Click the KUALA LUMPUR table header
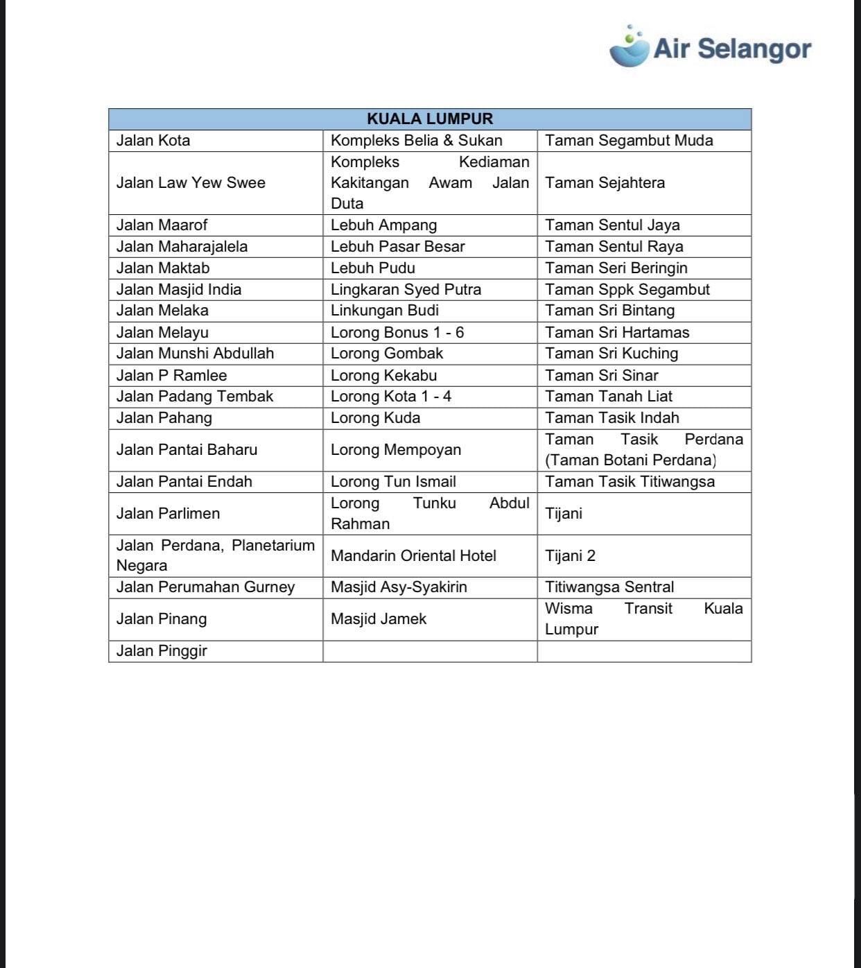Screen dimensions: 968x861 pyautogui.click(x=430, y=119)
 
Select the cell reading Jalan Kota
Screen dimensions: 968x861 pyautogui.click(x=153, y=141)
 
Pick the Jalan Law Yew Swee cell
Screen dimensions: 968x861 pyautogui.click(x=191, y=183)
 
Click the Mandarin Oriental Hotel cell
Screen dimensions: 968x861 pyautogui.click(x=413, y=556)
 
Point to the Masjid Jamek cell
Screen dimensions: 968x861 pyautogui.click(x=379, y=619)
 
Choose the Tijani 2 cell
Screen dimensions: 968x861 pyautogui.click(x=570, y=556)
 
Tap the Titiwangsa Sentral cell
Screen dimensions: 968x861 pyautogui.click(x=609, y=587)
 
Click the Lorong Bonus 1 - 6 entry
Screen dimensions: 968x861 pyautogui.click(x=397, y=333)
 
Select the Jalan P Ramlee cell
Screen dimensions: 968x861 pyautogui.click(x=171, y=376)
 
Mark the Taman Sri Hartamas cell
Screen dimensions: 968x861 pyautogui.click(x=617, y=333)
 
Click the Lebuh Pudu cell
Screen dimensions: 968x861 pyautogui.click(x=373, y=268)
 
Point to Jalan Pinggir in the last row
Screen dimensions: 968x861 pyautogui.click(x=162, y=651)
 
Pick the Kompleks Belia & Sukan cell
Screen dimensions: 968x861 pyautogui.click(x=416, y=141)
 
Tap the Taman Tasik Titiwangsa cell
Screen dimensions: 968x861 pyautogui.click(x=629, y=482)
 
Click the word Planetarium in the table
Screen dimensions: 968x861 pyautogui.click(x=273, y=546)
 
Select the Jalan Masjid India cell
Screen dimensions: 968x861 pyautogui.click(x=179, y=290)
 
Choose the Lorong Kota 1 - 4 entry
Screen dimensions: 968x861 pyautogui.click(x=391, y=397)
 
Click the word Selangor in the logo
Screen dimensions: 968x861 pyautogui.click(x=754, y=49)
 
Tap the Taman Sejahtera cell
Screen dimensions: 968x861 pyautogui.click(x=605, y=183)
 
